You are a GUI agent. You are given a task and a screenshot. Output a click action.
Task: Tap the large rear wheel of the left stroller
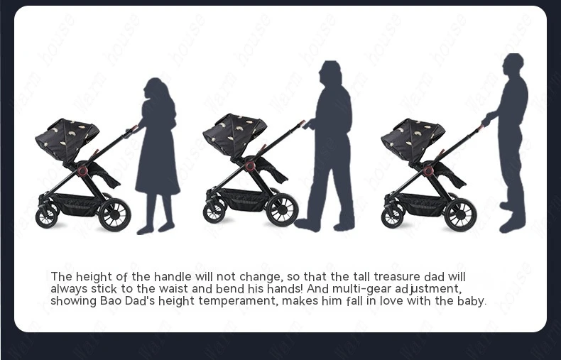pyautogui.click(x=114, y=214)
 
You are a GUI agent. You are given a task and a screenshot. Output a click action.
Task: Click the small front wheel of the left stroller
pyautogui.click(x=46, y=217)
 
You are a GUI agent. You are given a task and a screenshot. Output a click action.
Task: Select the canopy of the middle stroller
pyautogui.click(x=234, y=134)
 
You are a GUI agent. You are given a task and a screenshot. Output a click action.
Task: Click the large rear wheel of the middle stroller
pyautogui.click(x=282, y=209)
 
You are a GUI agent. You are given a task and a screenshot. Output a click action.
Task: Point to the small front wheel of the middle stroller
pyautogui.click(x=214, y=212)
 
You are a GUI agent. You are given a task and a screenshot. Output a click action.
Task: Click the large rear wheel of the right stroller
pyautogui.click(x=460, y=214)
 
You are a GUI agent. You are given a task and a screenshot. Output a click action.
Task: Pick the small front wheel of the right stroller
pyautogui.click(x=393, y=217)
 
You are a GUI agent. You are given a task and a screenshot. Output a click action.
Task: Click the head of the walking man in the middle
pyautogui.click(x=330, y=72)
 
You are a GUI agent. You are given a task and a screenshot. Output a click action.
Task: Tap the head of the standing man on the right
pyautogui.click(x=513, y=65)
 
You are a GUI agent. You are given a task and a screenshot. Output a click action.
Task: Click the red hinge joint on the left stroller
pyautogui.click(x=82, y=170)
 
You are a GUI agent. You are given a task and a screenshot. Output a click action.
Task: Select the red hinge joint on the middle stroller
pyautogui.click(x=250, y=165)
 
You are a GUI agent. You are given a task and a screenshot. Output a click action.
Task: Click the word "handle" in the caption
pyautogui.click(x=173, y=277)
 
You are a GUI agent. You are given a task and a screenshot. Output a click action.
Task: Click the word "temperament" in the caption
pyautogui.click(x=238, y=301)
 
